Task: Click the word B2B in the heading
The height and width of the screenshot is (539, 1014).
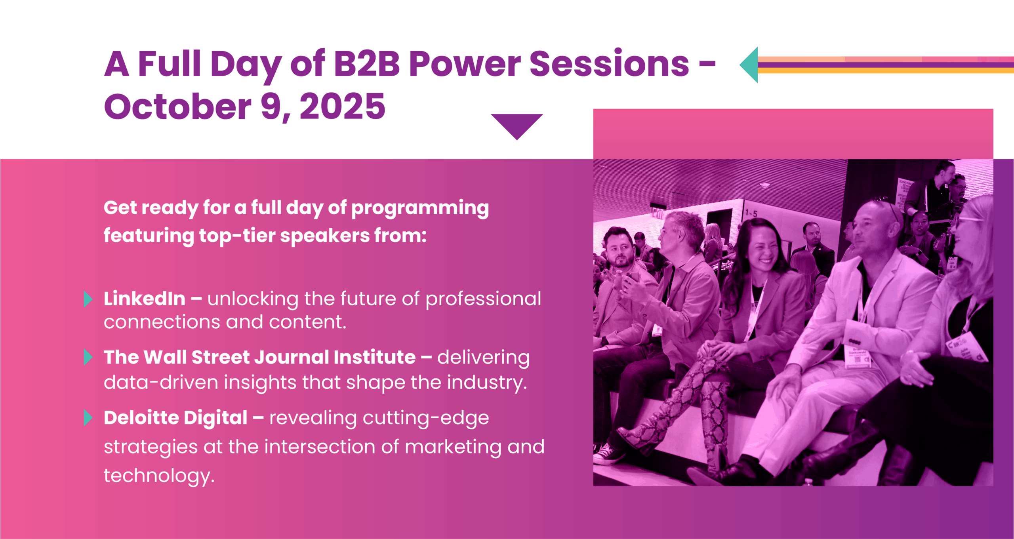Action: (x=367, y=64)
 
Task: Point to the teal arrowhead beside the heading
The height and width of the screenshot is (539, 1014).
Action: (x=749, y=65)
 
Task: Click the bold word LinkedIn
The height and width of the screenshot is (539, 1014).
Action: (x=145, y=299)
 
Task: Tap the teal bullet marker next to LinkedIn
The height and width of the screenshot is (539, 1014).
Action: (x=88, y=299)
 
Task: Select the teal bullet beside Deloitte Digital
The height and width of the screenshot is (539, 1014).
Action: (x=88, y=418)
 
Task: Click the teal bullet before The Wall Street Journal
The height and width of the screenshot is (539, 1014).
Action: (x=88, y=357)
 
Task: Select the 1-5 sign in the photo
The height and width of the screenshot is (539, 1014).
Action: (x=751, y=213)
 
